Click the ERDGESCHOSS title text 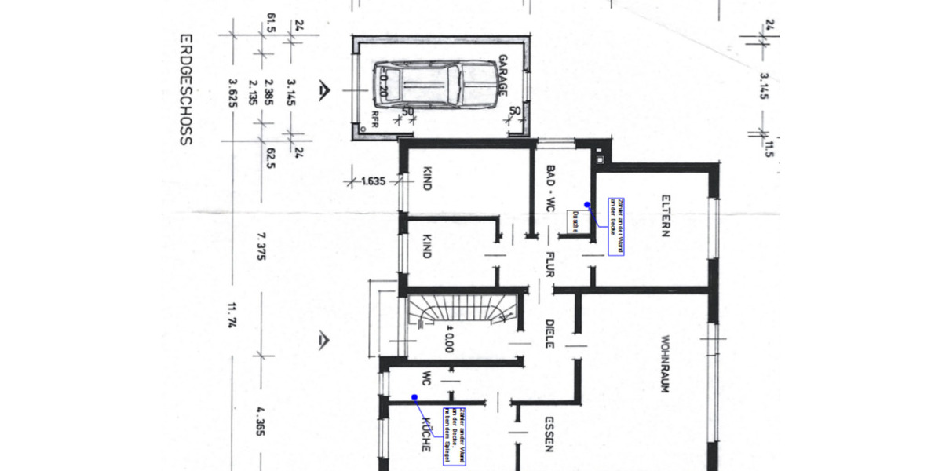point(185,89)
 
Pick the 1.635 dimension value point(373,181)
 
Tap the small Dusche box point(574,222)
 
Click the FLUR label point(550,265)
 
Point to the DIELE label point(550,334)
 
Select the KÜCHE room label point(425,434)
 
